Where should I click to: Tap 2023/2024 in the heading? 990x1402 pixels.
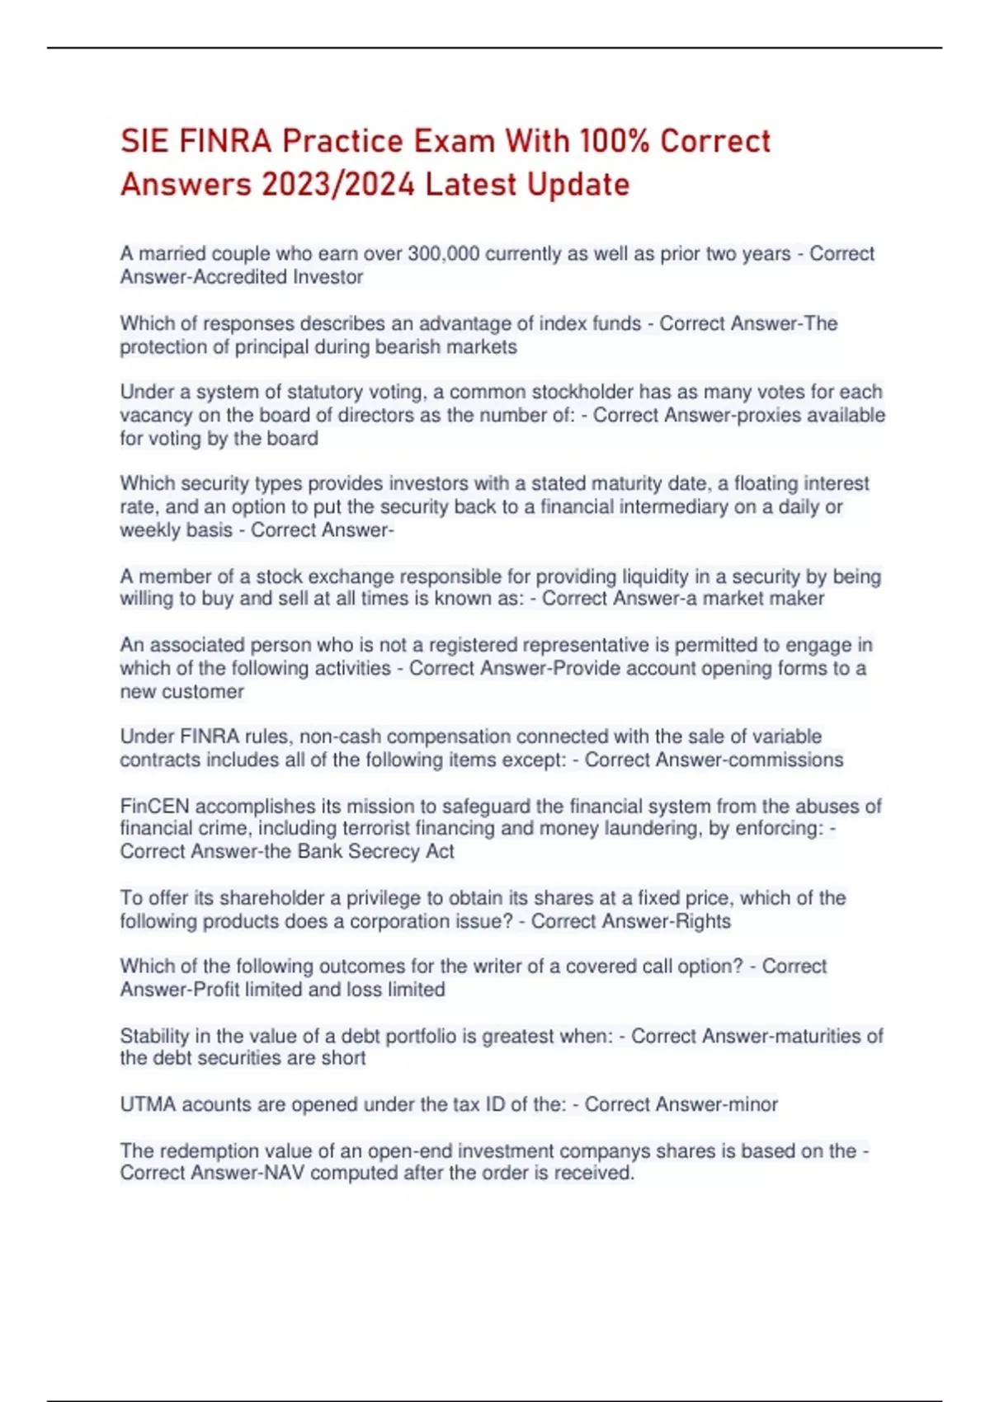point(338,185)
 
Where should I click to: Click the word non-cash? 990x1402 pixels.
point(340,736)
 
